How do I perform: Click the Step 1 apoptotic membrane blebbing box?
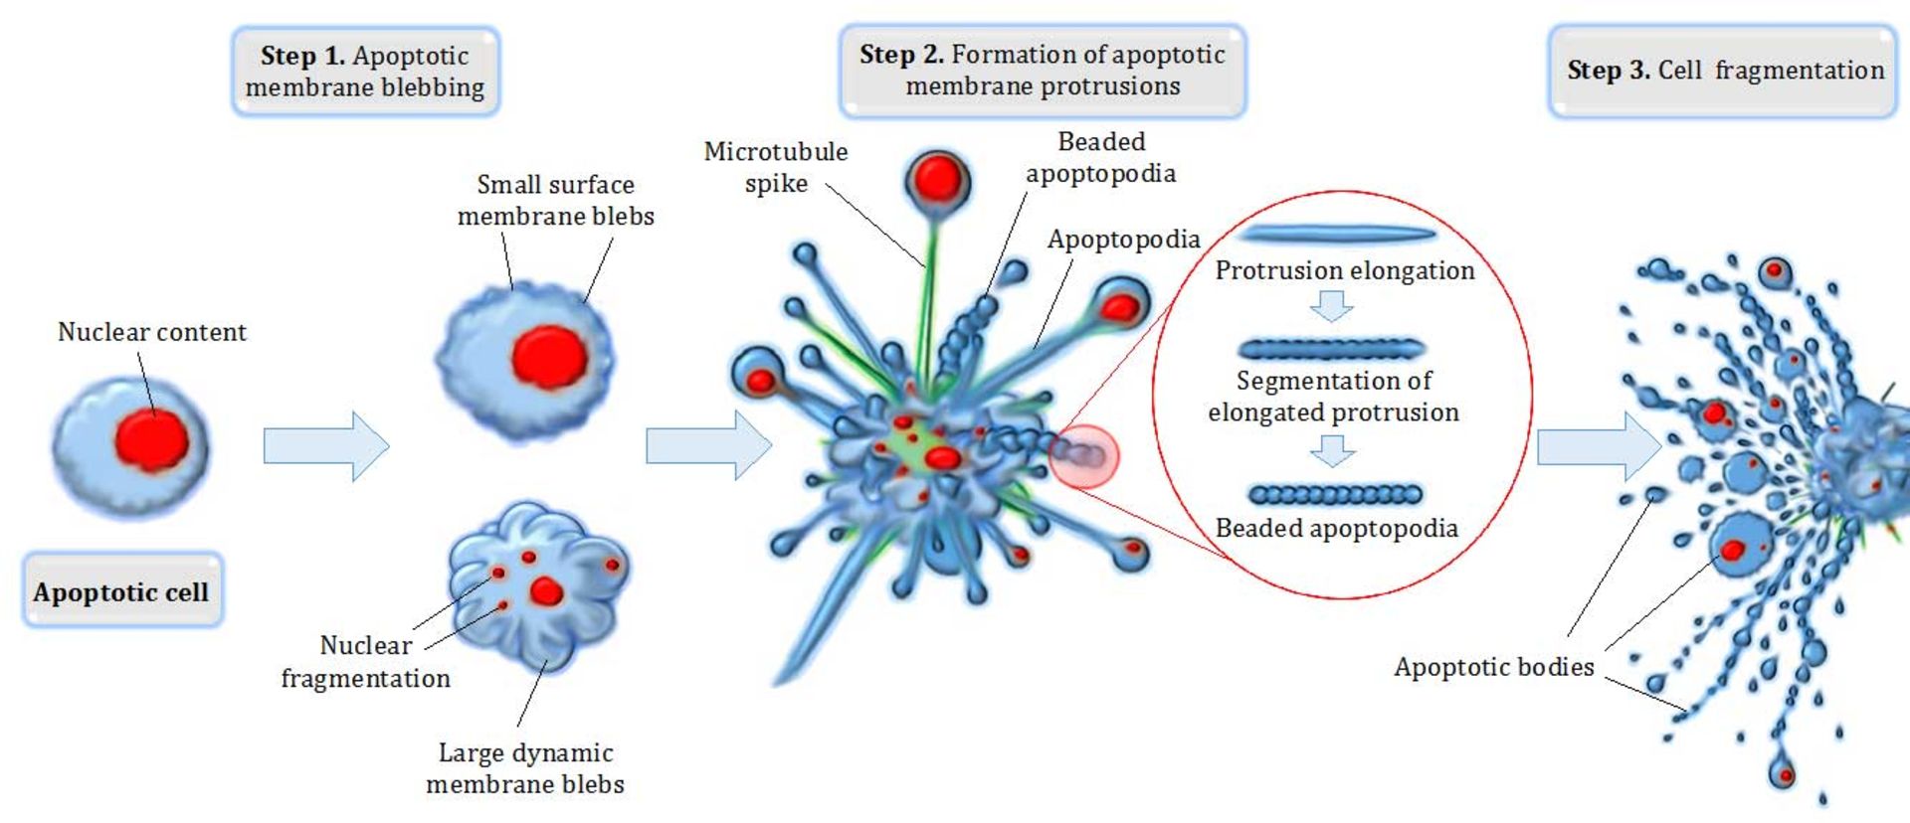[x=365, y=72]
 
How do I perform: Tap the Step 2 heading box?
[x=1043, y=71]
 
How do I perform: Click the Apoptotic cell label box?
[x=121, y=592]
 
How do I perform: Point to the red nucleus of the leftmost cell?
[x=151, y=440]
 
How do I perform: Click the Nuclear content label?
[x=151, y=332]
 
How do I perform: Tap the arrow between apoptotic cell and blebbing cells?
[x=325, y=446]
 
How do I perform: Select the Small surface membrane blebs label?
[x=555, y=200]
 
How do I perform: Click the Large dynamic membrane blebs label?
[x=525, y=768]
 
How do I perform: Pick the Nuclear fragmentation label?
[x=365, y=662]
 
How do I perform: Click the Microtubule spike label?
[x=775, y=167]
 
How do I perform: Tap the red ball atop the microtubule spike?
[x=937, y=180]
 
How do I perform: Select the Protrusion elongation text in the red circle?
[x=1344, y=270]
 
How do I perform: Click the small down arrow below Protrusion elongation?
[x=1331, y=306]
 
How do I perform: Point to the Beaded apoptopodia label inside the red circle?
[x=1336, y=528]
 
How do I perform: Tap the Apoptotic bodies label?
[x=1493, y=667]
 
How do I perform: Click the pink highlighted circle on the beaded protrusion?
[x=1084, y=456]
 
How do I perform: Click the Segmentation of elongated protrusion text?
[x=1333, y=396]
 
